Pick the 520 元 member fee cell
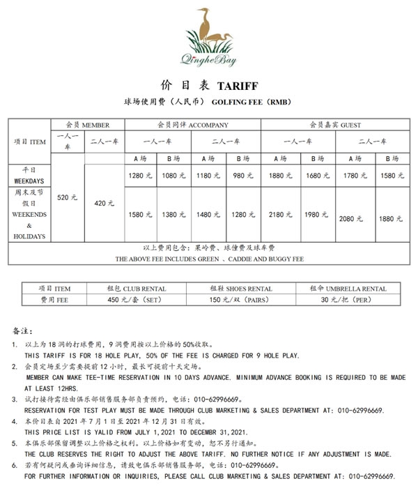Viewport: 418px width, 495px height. (x=63, y=198)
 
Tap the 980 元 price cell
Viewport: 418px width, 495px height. (x=244, y=176)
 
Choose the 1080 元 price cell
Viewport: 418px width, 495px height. (x=176, y=176)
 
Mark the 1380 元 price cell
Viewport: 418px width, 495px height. (x=176, y=214)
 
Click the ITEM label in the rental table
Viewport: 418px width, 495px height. (x=54, y=288)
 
